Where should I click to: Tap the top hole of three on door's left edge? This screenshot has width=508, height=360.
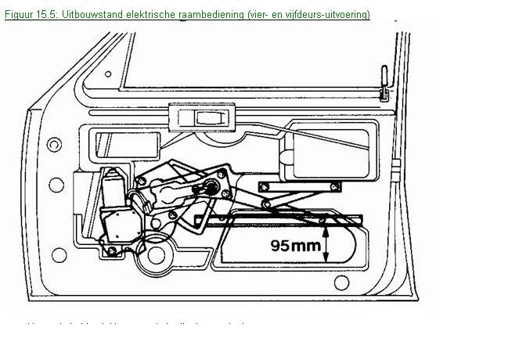click(54, 145)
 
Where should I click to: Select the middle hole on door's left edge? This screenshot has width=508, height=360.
click(56, 185)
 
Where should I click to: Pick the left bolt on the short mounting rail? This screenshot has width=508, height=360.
click(264, 185)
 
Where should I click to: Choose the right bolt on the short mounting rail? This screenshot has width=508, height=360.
click(335, 185)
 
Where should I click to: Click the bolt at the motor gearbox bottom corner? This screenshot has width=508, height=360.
click(113, 250)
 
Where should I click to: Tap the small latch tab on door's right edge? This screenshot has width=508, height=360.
click(396, 165)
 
